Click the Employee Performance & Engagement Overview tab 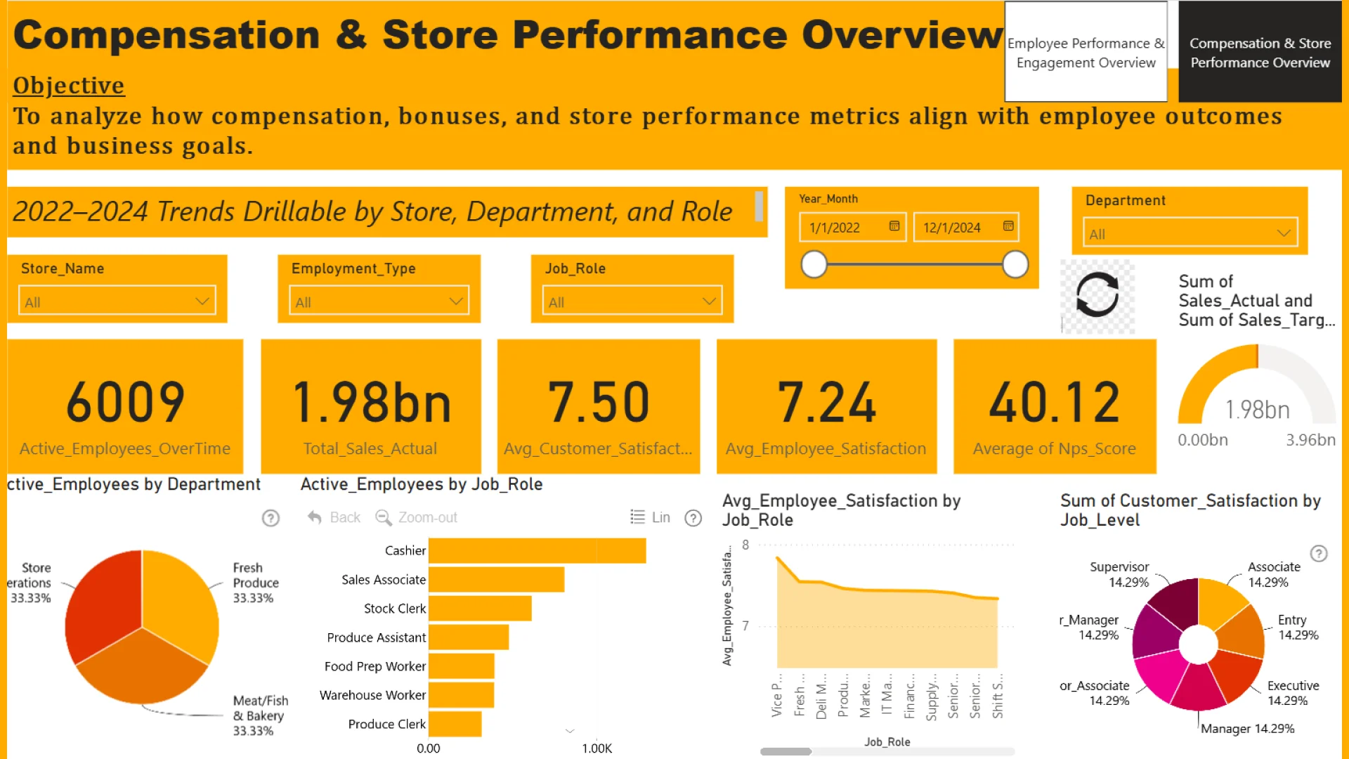pos(1086,53)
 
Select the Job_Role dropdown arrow pos(709,301)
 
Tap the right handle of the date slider pos(1015,265)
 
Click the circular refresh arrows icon pos(1097,294)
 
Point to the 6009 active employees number pos(125,402)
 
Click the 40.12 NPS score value pos(1054,402)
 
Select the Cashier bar pos(537,550)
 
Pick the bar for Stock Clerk pos(480,609)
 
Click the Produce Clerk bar pos(455,724)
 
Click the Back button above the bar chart pos(334,518)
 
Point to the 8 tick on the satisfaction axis pos(745,545)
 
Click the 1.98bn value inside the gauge pos(1257,410)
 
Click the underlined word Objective pos(69,86)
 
